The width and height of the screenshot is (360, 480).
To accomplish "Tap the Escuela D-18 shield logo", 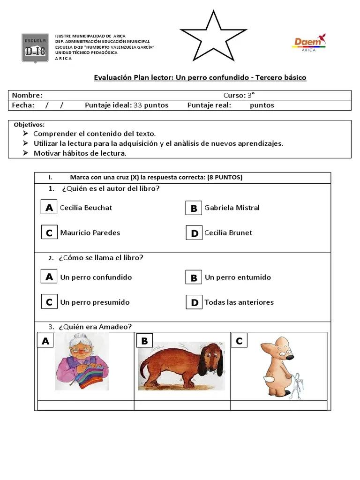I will pos(35,48).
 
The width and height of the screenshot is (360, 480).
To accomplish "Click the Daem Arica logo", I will pos(309,43).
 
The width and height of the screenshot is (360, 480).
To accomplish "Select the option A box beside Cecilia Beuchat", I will pos(49,208).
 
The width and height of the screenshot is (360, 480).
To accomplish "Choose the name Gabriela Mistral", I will pos(232,208).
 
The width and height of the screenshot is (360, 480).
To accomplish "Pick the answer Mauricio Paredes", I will pos(90,232).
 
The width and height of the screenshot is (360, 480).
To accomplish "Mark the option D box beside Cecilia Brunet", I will pos(194,233).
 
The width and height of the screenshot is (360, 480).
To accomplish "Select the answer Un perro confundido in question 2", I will pos(96,277).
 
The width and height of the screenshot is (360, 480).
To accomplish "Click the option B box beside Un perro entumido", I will pos(194,277).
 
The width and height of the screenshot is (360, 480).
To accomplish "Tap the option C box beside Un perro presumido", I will pos(49,302).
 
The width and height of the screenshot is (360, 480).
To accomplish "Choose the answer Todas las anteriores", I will pos(239,302).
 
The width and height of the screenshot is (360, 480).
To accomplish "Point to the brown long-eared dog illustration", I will pos(181,366).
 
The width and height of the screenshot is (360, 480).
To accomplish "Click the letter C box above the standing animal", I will pos(239,341).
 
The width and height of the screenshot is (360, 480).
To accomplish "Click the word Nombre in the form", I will pos(27,95).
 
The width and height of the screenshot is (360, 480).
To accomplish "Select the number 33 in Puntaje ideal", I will pos(138,105).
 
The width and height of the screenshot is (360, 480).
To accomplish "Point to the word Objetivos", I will pos(29,125).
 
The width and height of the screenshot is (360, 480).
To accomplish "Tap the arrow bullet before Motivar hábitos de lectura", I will pos(25,153).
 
